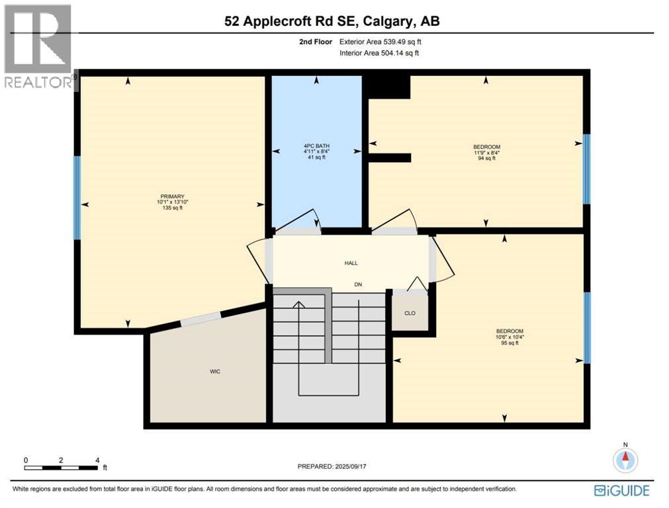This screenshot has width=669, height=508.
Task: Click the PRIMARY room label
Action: tap(172, 196)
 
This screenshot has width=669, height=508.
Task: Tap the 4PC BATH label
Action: tap(316, 146)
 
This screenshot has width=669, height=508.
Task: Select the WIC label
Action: tap(215, 372)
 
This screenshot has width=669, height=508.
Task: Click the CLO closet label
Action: tap(410, 313)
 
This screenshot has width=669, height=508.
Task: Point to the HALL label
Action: tap(351, 263)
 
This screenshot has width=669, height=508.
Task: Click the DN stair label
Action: tap(358, 284)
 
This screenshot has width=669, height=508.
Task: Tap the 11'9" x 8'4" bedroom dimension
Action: tap(486, 152)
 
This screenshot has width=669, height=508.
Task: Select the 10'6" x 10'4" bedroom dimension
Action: tap(510, 337)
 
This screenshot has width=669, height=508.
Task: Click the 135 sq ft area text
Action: tap(172, 208)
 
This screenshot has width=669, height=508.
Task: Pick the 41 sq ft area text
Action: tap(316, 157)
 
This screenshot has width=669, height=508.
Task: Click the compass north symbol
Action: tap(625, 459)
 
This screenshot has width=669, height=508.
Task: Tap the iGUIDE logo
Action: tap(621, 491)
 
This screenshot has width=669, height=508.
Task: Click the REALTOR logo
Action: tap(38, 46)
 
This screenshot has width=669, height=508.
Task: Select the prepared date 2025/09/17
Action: tap(351, 466)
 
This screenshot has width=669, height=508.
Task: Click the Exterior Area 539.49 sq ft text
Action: tap(380, 42)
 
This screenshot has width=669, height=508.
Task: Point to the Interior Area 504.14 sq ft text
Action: tap(379, 54)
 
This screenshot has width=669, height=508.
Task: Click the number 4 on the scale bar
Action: tap(97, 460)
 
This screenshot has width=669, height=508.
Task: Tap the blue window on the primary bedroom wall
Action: tap(77, 198)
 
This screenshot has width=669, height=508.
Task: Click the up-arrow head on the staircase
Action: tap(298, 304)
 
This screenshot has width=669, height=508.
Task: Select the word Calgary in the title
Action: tap(388, 21)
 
